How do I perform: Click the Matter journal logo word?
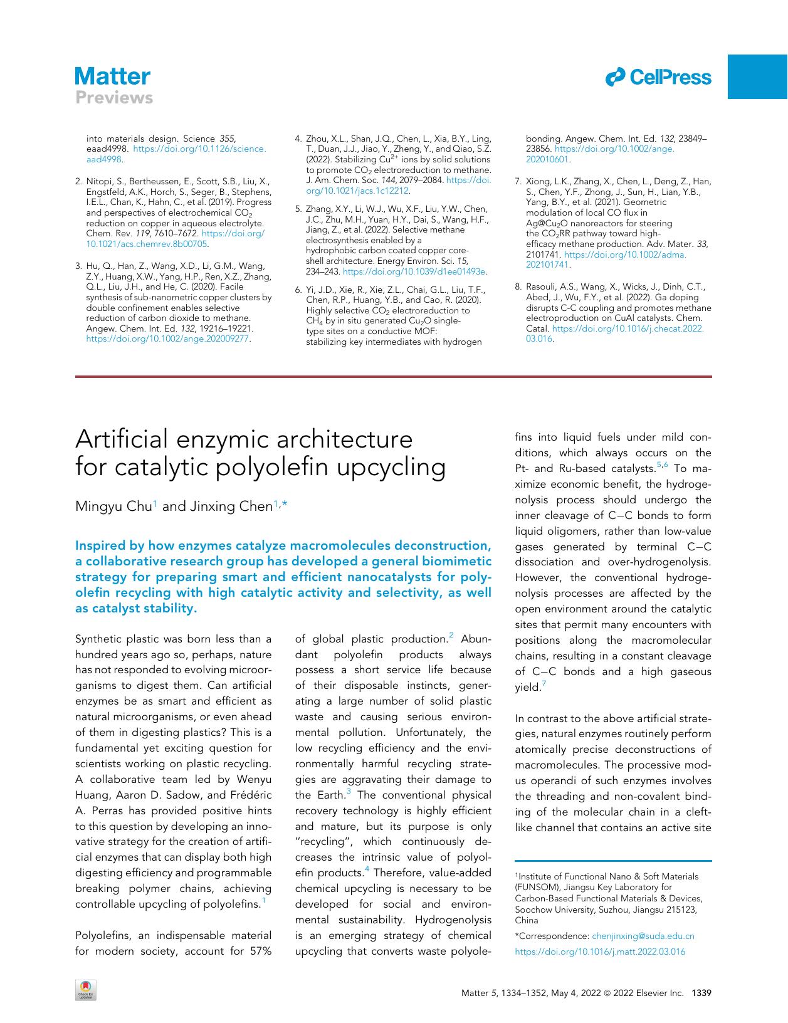(112, 77)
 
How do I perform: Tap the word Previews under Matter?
(114, 98)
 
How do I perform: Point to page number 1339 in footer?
(700, 993)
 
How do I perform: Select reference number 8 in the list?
(518, 287)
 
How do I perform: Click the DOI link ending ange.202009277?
(167, 338)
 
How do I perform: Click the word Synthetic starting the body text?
(98, 639)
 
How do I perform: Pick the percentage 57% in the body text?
(260, 951)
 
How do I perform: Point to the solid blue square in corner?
(757, 76)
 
